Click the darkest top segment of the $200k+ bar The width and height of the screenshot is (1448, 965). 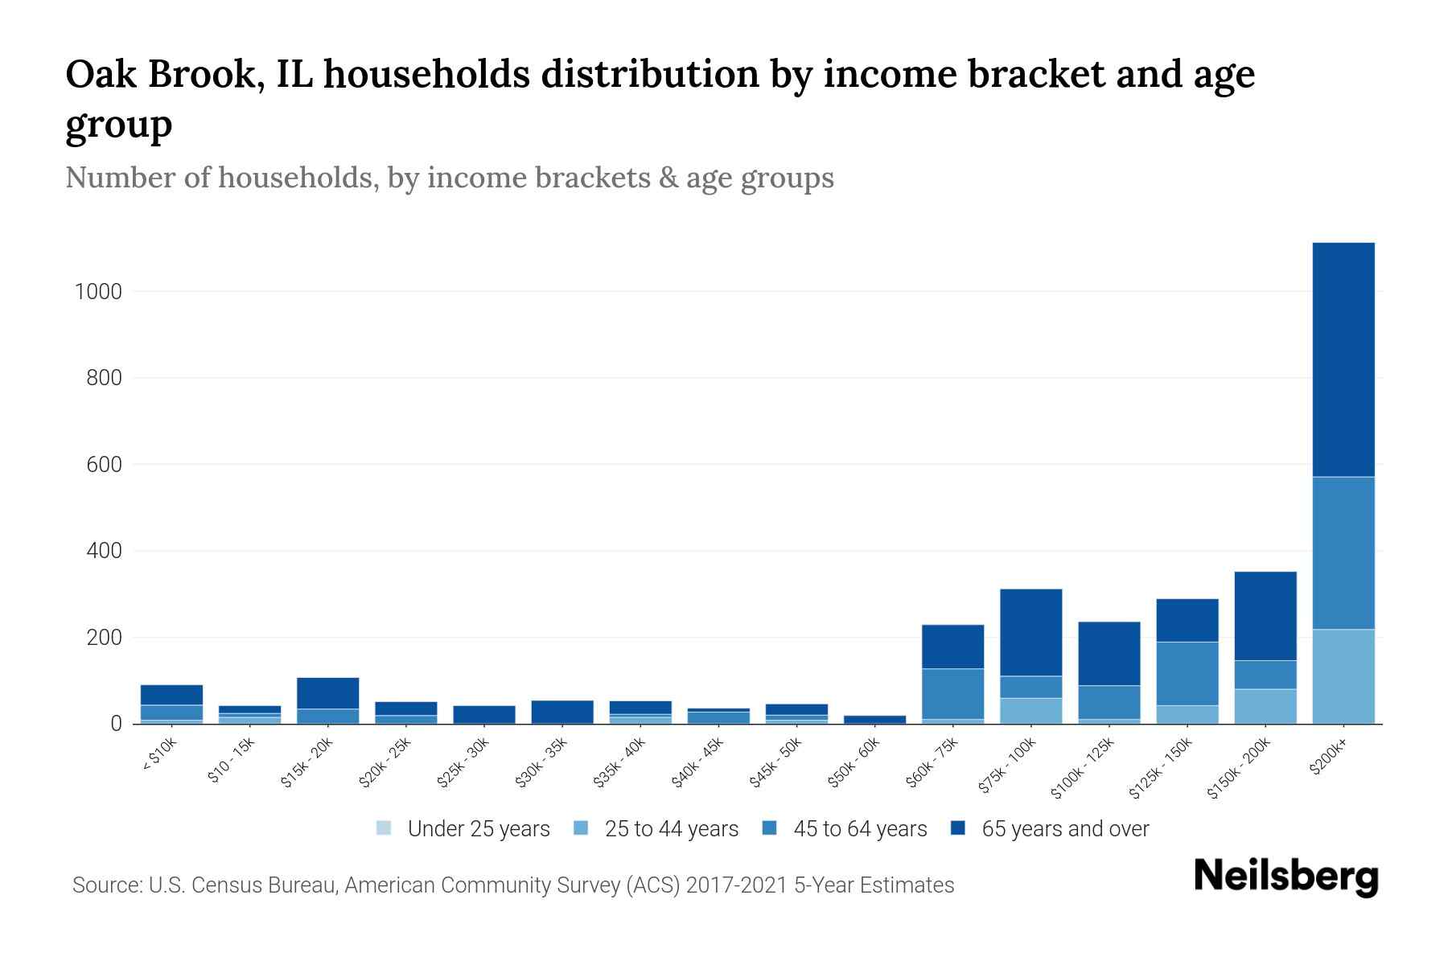coord(1343,359)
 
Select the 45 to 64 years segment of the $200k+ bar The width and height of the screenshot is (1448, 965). coord(1343,553)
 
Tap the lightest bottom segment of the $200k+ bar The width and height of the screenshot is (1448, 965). coord(1343,676)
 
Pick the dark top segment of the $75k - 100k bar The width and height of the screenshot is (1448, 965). coord(1030,632)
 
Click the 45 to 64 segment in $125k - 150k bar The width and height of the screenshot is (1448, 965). coord(1187,674)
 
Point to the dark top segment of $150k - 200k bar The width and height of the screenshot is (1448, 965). coord(1265,616)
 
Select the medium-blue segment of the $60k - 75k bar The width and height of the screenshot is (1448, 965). coord(952,694)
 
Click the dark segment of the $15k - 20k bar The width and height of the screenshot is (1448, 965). coord(327,693)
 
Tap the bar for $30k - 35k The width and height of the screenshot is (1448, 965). coord(562,712)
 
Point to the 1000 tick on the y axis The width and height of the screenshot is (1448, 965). coord(98,292)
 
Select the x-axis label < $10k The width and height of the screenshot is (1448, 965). coord(158,757)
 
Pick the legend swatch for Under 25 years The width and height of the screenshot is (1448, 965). coord(384,828)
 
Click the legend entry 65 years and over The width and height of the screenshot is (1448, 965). coord(1064,828)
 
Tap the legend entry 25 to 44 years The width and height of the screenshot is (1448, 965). coord(671,828)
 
